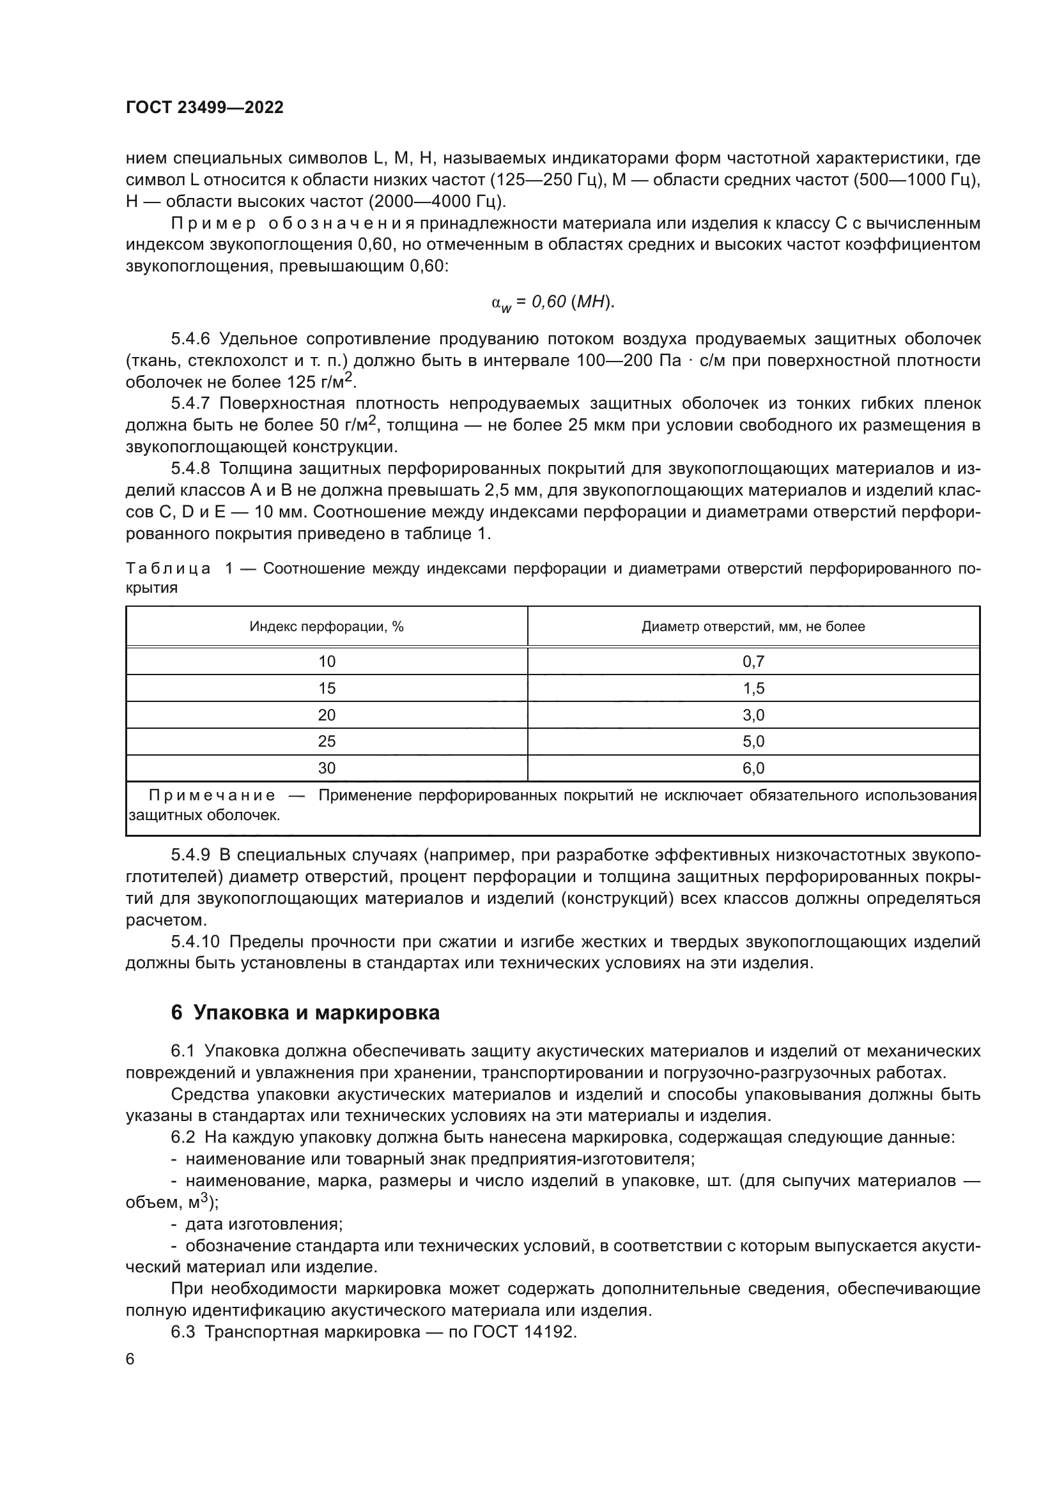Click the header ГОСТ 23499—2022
[204, 108]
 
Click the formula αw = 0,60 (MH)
[553, 303]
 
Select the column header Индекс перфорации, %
[327, 627]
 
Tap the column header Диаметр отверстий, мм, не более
[753, 627]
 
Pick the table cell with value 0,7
[753, 662]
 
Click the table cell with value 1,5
[753, 689]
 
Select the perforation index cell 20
[327, 715]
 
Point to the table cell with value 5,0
[753, 741]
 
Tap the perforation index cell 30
[327, 768]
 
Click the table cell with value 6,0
[753, 768]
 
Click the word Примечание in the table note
[212, 795]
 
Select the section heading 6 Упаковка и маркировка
[305, 1013]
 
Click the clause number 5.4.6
[190, 339]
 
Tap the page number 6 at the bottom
[130, 1359]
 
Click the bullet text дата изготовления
[263, 1224]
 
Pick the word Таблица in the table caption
[168, 568]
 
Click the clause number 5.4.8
[190, 468]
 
